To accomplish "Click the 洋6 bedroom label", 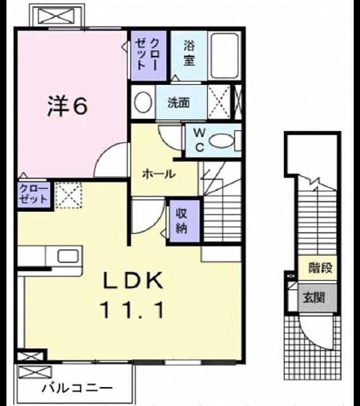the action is pyautogui.click(x=67, y=107).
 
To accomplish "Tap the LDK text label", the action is pyautogui.click(x=134, y=280).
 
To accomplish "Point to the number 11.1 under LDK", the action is pyautogui.click(x=134, y=310).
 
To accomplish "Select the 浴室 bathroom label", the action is pyautogui.click(x=189, y=54).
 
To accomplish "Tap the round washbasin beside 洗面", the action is pyautogui.click(x=143, y=101).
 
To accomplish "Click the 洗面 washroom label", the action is pyautogui.click(x=179, y=103).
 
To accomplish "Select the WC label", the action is pyautogui.click(x=200, y=141).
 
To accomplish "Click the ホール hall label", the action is pyautogui.click(x=159, y=174).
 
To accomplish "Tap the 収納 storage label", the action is pyautogui.click(x=181, y=221).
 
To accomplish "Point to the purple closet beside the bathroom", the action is pyautogui.click(x=148, y=55).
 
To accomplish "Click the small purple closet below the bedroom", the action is pyautogui.click(x=34, y=194).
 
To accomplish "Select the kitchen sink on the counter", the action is pyautogui.click(x=68, y=256).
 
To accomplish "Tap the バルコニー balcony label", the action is pyautogui.click(x=77, y=388).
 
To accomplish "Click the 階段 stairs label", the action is pyautogui.click(x=320, y=268).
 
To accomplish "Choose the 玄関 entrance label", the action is pyautogui.click(x=314, y=297).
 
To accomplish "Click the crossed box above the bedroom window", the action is pyautogui.click(x=56, y=15).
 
